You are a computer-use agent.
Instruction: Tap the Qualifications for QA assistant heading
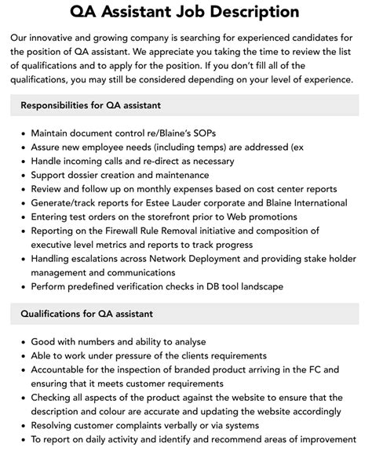[86, 315]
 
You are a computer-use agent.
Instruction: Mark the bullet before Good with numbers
[20, 343]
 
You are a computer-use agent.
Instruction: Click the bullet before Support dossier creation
[20, 175]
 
